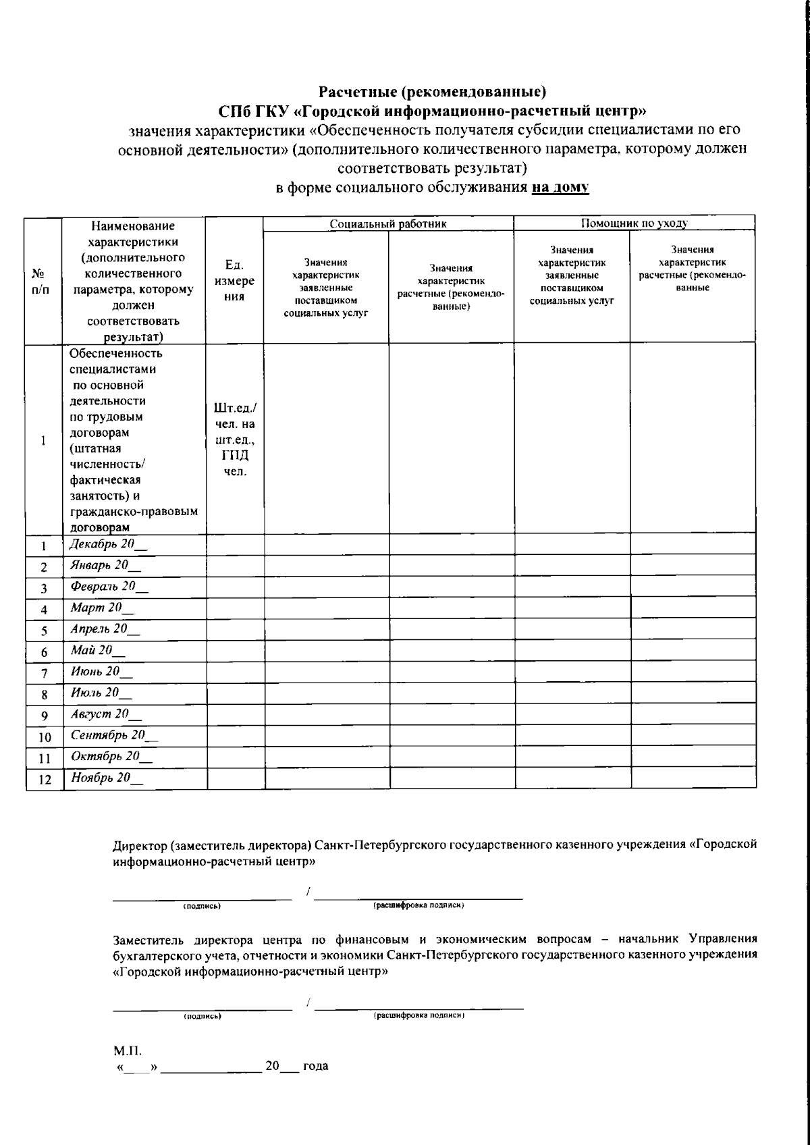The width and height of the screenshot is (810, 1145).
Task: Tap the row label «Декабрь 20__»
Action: tap(108, 544)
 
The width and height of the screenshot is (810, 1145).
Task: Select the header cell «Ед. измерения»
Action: tap(234, 280)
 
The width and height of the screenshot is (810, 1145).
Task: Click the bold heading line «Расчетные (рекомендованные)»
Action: tap(432, 91)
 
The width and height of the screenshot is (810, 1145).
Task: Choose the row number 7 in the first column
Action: tap(44, 673)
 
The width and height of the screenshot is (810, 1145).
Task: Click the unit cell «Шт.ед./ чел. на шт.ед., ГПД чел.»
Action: tap(234, 440)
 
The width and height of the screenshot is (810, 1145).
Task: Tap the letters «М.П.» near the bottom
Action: tap(126, 1050)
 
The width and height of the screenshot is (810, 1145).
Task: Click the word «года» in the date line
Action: tap(315, 1066)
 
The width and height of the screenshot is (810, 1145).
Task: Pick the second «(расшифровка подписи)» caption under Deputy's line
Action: tap(419, 1015)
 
